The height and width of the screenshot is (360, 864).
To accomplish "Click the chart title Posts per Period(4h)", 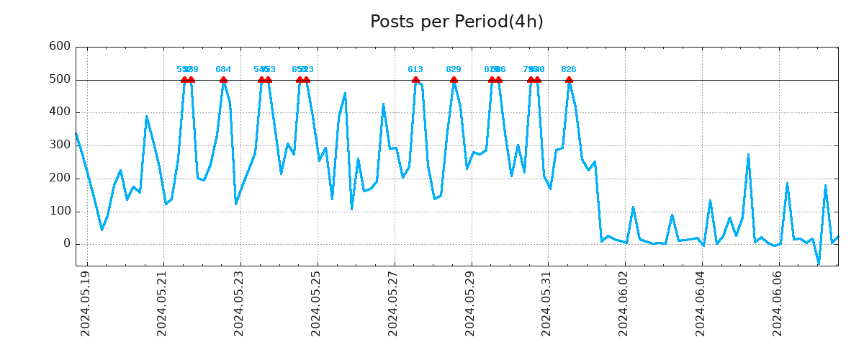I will pos(456,22).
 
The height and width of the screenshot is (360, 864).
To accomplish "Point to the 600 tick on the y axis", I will pos(59,46).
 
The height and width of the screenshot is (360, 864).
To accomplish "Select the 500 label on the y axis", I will pos(59,79).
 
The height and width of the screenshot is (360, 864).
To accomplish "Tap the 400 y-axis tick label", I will pos(59,112).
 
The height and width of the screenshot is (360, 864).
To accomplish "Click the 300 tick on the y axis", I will pos(59,145).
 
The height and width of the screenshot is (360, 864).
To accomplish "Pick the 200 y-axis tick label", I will pos(59,179).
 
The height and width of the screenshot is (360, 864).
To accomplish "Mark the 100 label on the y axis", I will pos(59,212).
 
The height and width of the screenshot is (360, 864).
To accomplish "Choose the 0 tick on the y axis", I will pos(66,244).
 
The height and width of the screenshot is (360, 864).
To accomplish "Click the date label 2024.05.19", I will pos(86,303).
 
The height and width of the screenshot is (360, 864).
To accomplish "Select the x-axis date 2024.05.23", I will pos(240,303).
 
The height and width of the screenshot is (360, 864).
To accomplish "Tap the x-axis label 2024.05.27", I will pos(394,303).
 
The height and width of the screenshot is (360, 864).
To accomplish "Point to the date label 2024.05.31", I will pos(547,303).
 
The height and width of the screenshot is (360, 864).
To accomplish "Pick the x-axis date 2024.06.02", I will pos(624,303).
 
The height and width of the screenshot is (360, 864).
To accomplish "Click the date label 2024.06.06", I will pos(778,303).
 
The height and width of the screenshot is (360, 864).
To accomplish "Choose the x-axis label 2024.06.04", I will pos(701,303).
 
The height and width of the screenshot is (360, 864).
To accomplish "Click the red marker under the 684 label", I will pos(223,80).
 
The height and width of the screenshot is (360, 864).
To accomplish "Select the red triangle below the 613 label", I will pos(415,80).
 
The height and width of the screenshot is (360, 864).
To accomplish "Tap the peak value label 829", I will pos(454,70).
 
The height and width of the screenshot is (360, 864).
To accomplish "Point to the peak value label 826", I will pos(569,70).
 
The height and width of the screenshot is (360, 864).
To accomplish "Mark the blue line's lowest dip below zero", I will pos(819,264).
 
